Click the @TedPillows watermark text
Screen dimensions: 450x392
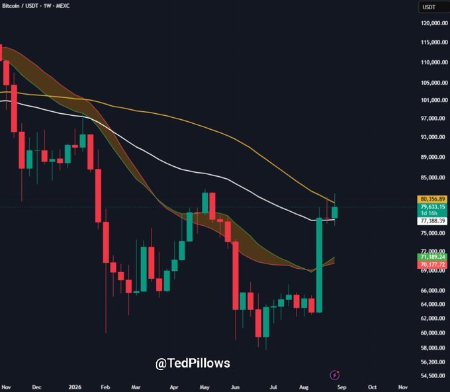coord(193,364)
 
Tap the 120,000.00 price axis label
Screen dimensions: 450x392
coord(434,23)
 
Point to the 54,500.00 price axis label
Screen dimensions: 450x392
coord(434,375)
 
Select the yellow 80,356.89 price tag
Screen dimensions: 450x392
coord(432,199)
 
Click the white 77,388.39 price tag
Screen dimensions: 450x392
coord(432,221)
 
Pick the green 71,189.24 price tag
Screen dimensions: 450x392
coord(432,257)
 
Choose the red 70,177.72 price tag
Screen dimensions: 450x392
coord(432,264)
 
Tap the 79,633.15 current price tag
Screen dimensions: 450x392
coord(432,207)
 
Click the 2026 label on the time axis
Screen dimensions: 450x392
coord(75,387)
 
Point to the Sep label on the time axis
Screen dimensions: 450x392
coord(342,387)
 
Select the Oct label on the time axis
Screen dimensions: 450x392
coord(372,387)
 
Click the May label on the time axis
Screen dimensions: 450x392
coord(204,387)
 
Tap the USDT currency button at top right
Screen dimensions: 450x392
coord(434,7)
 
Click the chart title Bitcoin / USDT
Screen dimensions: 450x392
coord(20,6)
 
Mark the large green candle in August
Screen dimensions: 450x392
coord(319,265)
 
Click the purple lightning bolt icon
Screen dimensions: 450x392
coord(335,375)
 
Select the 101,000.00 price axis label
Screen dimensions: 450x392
coord(434,100)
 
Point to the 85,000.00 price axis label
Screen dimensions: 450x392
coord(434,177)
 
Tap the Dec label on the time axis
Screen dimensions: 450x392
coord(36,387)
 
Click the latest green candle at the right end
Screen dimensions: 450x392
coord(335,213)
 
